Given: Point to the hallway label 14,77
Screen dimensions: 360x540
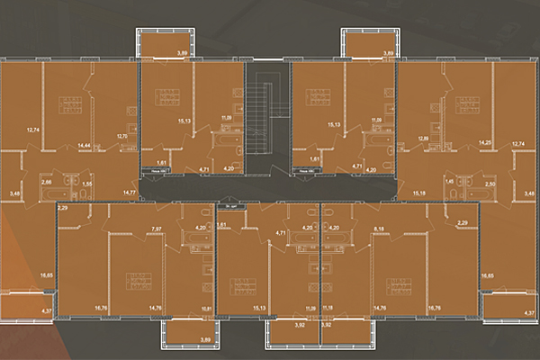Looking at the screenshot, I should pyautogui.click(x=129, y=192).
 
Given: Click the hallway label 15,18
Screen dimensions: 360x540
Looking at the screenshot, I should pyautogui.click(x=417, y=192).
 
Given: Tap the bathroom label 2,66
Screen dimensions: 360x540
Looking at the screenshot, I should pyautogui.click(x=47, y=182).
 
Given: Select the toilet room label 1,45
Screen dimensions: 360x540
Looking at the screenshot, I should pyautogui.click(x=449, y=183).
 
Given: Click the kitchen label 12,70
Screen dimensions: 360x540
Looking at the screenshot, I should pyautogui.click(x=123, y=136).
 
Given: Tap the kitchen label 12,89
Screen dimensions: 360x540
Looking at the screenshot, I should pyautogui.click(x=424, y=137).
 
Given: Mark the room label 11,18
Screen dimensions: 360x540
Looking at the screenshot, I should pyautogui.click(x=327, y=309).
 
